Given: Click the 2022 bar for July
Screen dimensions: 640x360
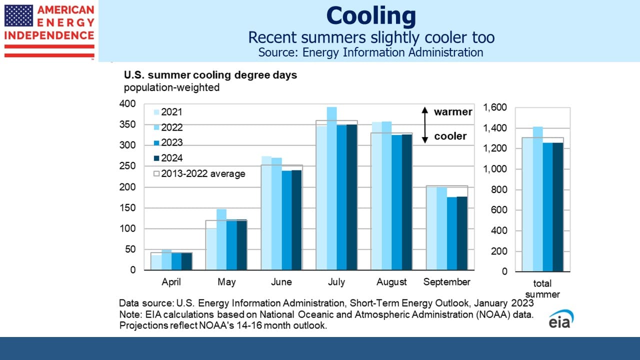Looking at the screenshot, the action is click(x=331, y=188).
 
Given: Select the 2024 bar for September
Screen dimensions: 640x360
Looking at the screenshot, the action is click(x=462, y=233).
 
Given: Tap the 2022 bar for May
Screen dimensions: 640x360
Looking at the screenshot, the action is click(x=221, y=239).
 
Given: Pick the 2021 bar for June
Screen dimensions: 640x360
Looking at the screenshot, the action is click(x=266, y=213).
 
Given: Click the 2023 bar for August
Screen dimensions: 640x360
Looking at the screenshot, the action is click(x=397, y=202).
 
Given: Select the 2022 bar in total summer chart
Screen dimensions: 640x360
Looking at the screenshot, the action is click(x=537, y=199).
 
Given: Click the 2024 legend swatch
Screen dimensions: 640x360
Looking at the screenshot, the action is click(x=156, y=158).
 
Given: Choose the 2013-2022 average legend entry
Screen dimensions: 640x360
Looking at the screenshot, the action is click(x=199, y=173).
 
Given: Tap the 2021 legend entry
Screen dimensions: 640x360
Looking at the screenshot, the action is click(x=168, y=112).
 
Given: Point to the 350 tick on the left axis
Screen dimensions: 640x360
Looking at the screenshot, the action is click(x=127, y=124).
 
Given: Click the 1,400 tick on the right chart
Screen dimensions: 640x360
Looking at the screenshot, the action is click(x=495, y=128).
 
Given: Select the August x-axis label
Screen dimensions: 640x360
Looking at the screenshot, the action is click(x=391, y=282).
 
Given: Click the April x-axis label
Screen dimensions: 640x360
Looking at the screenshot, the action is click(x=171, y=282).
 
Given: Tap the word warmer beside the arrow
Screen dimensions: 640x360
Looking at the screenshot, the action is click(x=453, y=111).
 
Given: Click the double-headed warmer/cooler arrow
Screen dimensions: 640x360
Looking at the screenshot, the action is click(x=425, y=125).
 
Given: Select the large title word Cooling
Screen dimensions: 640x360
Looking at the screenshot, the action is click(x=371, y=16).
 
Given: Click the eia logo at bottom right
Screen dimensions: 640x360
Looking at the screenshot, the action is click(x=561, y=319).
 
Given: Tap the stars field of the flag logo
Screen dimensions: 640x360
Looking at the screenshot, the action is click(x=18, y=15).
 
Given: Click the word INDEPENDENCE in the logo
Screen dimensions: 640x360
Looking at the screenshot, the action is click(x=49, y=35).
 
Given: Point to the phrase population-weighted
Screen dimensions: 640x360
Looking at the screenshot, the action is click(x=171, y=87).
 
